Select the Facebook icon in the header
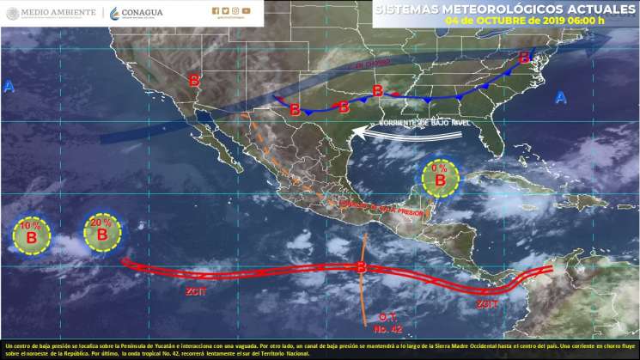pyautogui.click(x=216, y=11)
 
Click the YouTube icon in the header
pyautogui.click(x=247, y=11)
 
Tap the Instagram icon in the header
pyautogui.click(x=236, y=11)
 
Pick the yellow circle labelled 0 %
pyautogui.click(x=439, y=178)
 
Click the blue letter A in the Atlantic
pyautogui.click(x=560, y=96)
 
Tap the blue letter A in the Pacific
pyautogui.click(x=9, y=86)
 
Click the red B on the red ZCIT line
pyautogui.click(x=362, y=268)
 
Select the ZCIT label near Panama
pyautogui.click(x=487, y=302)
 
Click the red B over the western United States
pyautogui.click(x=194, y=80)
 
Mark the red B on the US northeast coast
pyautogui.click(x=524, y=58)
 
